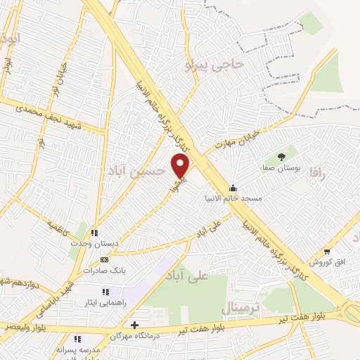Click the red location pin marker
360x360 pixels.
click(181, 166)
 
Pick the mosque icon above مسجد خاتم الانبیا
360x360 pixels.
click(233, 188)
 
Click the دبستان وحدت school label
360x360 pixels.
click(94, 243)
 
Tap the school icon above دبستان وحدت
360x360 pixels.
click(94, 233)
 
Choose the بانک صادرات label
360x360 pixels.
click(103, 269)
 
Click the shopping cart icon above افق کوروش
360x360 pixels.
click(327, 252)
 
